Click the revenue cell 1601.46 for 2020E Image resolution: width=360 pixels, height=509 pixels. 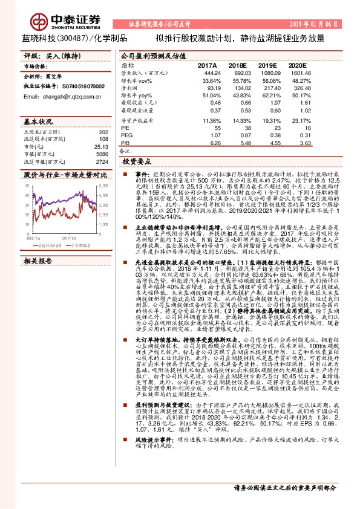pos(300,72)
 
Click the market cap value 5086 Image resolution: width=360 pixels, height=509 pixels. pos(102,155)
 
